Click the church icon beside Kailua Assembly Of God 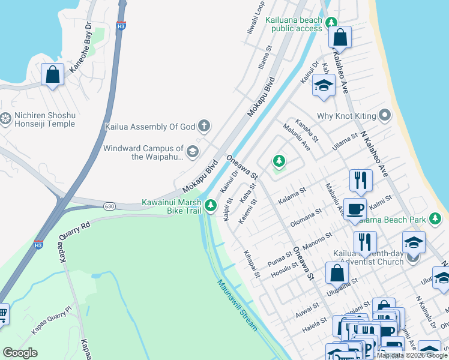tap(204, 126)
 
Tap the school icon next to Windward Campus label tap(192, 151)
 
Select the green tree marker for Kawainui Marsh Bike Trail tap(210, 206)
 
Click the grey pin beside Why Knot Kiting tap(384, 115)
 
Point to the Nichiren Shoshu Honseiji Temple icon tap(6, 119)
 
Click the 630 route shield tap(109, 206)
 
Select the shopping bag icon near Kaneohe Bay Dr tap(53, 75)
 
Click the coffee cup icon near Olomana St tap(355, 209)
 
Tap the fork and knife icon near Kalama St tap(361, 179)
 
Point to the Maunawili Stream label tap(237, 305)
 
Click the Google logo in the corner tap(20, 353)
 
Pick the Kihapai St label tap(252, 264)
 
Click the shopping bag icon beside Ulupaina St tap(337, 272)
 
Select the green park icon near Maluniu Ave tap(279, 161)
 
